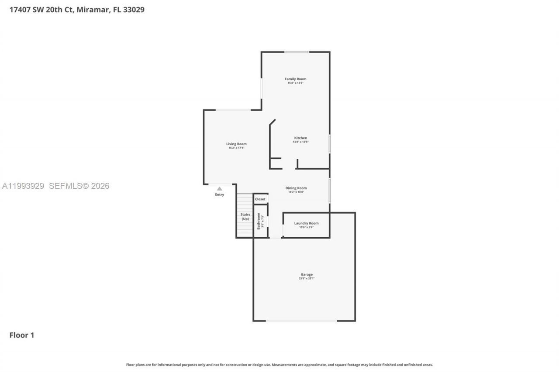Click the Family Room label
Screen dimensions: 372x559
click(295, 79)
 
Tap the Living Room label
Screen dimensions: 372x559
click(236, 144)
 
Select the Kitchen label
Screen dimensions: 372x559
click(300, 138)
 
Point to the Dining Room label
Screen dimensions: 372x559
click(296, 188)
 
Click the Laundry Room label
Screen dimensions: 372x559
click(306, 223)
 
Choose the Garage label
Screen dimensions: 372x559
click(307, 274)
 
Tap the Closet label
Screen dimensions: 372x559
click(260, 199)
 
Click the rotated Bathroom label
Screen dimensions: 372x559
click(259, 221)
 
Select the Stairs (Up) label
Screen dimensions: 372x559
click(245, 216)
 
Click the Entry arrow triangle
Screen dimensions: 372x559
click(220, 189)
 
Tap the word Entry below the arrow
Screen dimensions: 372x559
click(220, 195)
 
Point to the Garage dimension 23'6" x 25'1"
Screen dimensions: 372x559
click(307, 278)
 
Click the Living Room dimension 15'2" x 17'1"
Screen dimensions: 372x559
click(236, 148)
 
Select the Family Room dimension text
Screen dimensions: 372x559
click(295, 83)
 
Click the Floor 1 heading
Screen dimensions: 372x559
click(22, 335)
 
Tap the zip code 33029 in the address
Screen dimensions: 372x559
click(134, 9)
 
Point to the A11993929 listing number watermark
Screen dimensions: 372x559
click(23, 186)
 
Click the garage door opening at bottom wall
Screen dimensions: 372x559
click(301, 321)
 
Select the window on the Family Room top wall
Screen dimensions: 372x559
click(297, 52)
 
